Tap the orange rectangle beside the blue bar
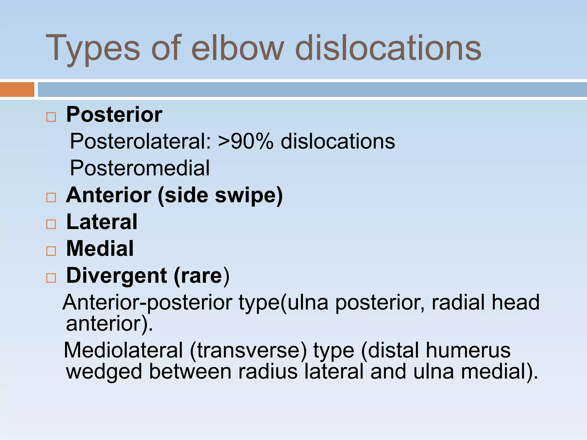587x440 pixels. coord(17,89)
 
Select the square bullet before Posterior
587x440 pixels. coord(51,117)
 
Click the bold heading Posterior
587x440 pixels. coord(114,115)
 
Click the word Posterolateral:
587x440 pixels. coord(141,141)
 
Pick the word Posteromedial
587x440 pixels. coord(140,168)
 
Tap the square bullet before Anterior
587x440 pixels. coord(51,197)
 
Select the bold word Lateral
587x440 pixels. coord(102,222)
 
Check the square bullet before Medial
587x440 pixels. coord(51,251)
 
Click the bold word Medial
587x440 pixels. coord(100,248)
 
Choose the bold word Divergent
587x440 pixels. coord(117,276)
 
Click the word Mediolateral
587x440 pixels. coord(123,350)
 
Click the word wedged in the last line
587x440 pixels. coord(104,372)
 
